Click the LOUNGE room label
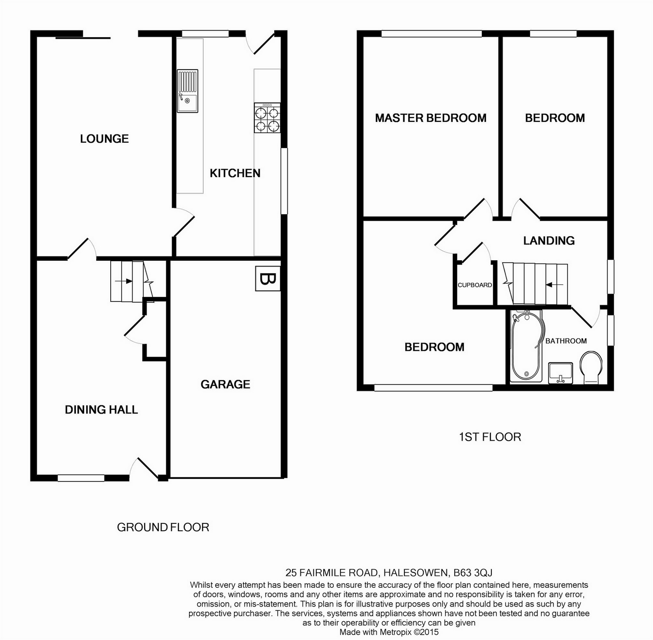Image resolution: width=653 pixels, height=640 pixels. tap(104, 139)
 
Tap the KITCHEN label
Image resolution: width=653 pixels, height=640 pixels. tap(235, 173)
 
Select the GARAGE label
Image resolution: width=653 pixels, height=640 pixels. tap(225, 384)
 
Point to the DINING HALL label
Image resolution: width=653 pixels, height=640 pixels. tap(101, 409)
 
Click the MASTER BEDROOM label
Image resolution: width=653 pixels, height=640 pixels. tap(430, 118)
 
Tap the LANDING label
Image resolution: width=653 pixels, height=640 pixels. tap(549, 241)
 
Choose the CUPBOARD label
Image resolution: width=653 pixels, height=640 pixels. tap(475, 285)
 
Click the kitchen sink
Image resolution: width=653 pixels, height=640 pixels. tap(187, 91)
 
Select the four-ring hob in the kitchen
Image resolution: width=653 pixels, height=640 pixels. tap(267, 118)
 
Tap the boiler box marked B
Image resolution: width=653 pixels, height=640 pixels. tap(267, 279)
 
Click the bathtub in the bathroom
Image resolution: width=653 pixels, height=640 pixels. tap(526, 346)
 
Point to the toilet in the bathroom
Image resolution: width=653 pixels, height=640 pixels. tap(591, 368)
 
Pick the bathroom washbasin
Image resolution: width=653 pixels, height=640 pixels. tap(561, 373)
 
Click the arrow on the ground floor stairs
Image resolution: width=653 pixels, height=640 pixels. tap(124, 281)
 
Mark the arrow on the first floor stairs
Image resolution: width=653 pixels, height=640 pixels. tap(554, 285)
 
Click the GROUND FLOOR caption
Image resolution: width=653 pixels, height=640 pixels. tap(163, 527)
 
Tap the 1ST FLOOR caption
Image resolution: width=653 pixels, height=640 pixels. tap(490, 437)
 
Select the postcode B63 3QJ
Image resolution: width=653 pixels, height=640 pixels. tap(473, 573)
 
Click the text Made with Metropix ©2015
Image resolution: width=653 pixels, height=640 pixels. tap(389, 632)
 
